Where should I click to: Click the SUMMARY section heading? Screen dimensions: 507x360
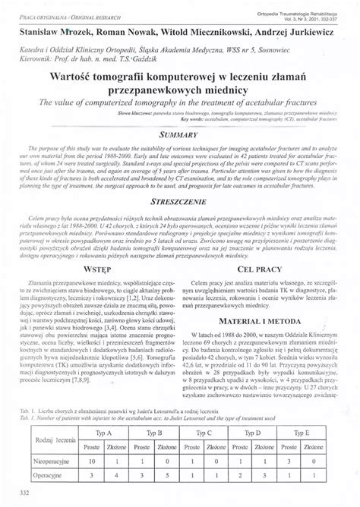tap(179, 131)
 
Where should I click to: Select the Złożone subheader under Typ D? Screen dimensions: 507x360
tap(279, 446)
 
